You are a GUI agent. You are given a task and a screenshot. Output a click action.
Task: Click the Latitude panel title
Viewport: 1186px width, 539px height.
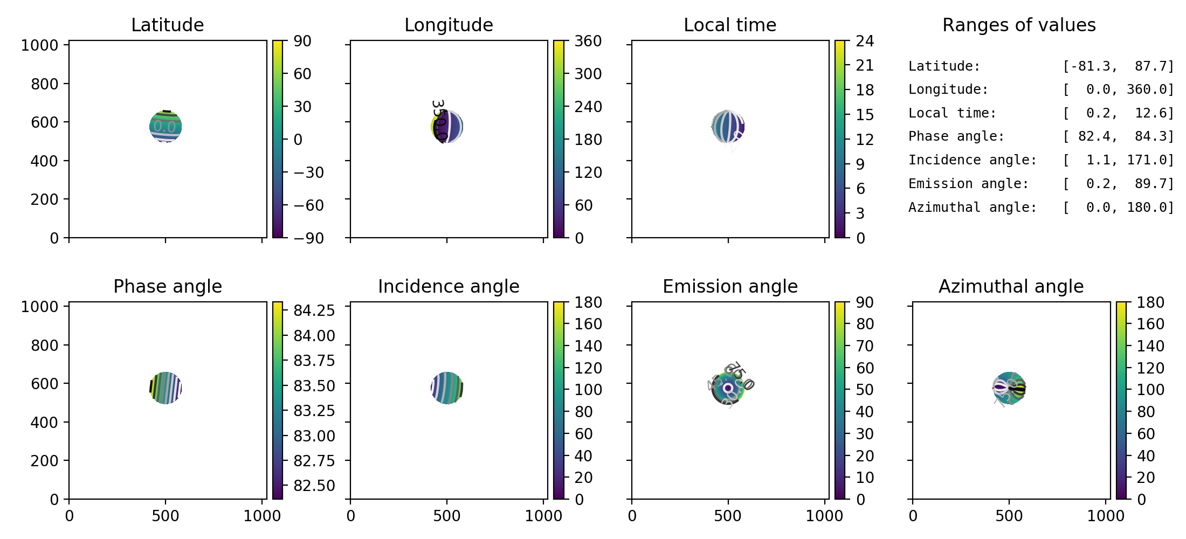click(x=167, y=25)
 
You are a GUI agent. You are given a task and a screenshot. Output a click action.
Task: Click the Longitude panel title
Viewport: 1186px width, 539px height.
click(x=449, y=25)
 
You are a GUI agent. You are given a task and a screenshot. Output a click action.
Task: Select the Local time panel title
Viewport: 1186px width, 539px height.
click(x=730, y=25)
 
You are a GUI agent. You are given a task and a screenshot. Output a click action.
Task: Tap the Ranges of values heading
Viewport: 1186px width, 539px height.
click(x=1019, y=25)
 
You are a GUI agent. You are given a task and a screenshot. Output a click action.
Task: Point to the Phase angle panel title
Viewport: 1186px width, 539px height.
click(x=167, y=286)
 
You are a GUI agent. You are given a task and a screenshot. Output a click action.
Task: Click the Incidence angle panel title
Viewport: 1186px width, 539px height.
click(x=449, y=286)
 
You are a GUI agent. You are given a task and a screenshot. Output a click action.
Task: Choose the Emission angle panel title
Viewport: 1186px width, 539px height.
click(x=730, y=286)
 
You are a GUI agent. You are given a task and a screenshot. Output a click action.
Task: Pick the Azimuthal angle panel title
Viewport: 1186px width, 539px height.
click(x=1011, y=286)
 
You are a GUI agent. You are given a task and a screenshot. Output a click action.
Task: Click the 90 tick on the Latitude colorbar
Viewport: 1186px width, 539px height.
click(x=302, y=41)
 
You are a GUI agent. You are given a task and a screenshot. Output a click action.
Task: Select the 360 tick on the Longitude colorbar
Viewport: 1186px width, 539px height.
click(x=588, y=41)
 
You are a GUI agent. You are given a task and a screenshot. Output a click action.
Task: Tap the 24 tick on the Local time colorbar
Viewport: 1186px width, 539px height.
click(x=865, y=41)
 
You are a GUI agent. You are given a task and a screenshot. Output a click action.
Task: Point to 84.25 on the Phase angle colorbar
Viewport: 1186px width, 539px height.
click(x=314, y=310)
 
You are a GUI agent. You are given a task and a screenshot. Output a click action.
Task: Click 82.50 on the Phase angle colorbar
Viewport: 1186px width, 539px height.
click(x=314, y=486)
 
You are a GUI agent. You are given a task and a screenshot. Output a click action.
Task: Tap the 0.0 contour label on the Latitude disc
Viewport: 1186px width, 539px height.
click(x=164, y=127)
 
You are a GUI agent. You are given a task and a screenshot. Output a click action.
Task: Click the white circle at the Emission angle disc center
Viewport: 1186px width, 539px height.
click(x=728, y=388)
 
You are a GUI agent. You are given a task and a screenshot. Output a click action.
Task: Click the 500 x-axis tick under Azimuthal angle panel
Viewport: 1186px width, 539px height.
click(x=1009, y=516)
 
